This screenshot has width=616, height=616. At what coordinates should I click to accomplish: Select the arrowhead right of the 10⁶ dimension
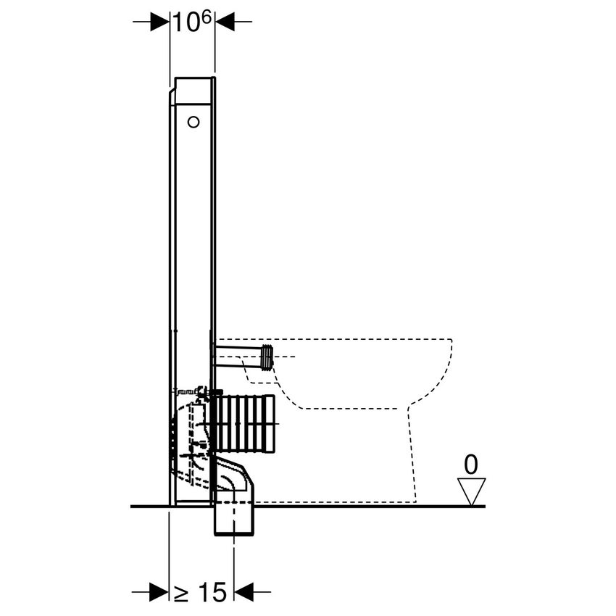[x=225, y=22]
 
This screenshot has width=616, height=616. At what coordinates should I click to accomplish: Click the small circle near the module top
[x=193, y=122]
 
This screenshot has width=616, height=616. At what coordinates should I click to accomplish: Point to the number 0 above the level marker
[x=470, y=464]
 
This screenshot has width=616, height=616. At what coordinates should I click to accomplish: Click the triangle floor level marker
[x=472, y=490]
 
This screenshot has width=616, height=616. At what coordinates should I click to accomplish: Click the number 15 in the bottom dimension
[x=211, y=592]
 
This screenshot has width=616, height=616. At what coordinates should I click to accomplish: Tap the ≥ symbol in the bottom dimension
[x=181, y=593]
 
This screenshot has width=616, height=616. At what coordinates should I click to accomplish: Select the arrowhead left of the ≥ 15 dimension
[x=159, y=592]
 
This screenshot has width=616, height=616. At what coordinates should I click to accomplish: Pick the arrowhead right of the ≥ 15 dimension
[x=244, y=592]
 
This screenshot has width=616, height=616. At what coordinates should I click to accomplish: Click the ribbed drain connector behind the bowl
[x=244, y=423]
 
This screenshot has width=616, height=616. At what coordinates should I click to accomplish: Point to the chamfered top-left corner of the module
[x=172, y=91]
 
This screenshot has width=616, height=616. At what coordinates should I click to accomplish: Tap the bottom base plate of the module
[x=191, y=500]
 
